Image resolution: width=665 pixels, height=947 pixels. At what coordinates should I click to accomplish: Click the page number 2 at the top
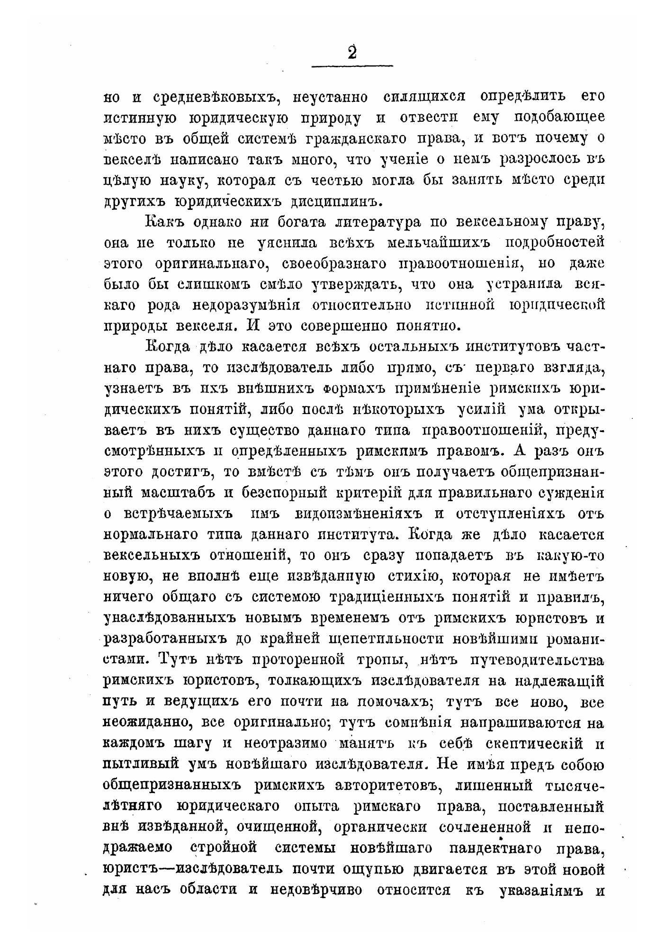(x=352, y=52)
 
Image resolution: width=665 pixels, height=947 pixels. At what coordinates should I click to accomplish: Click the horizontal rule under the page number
(x=352, y=66)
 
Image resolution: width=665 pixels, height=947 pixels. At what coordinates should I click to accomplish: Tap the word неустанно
(x=331, y=97)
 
